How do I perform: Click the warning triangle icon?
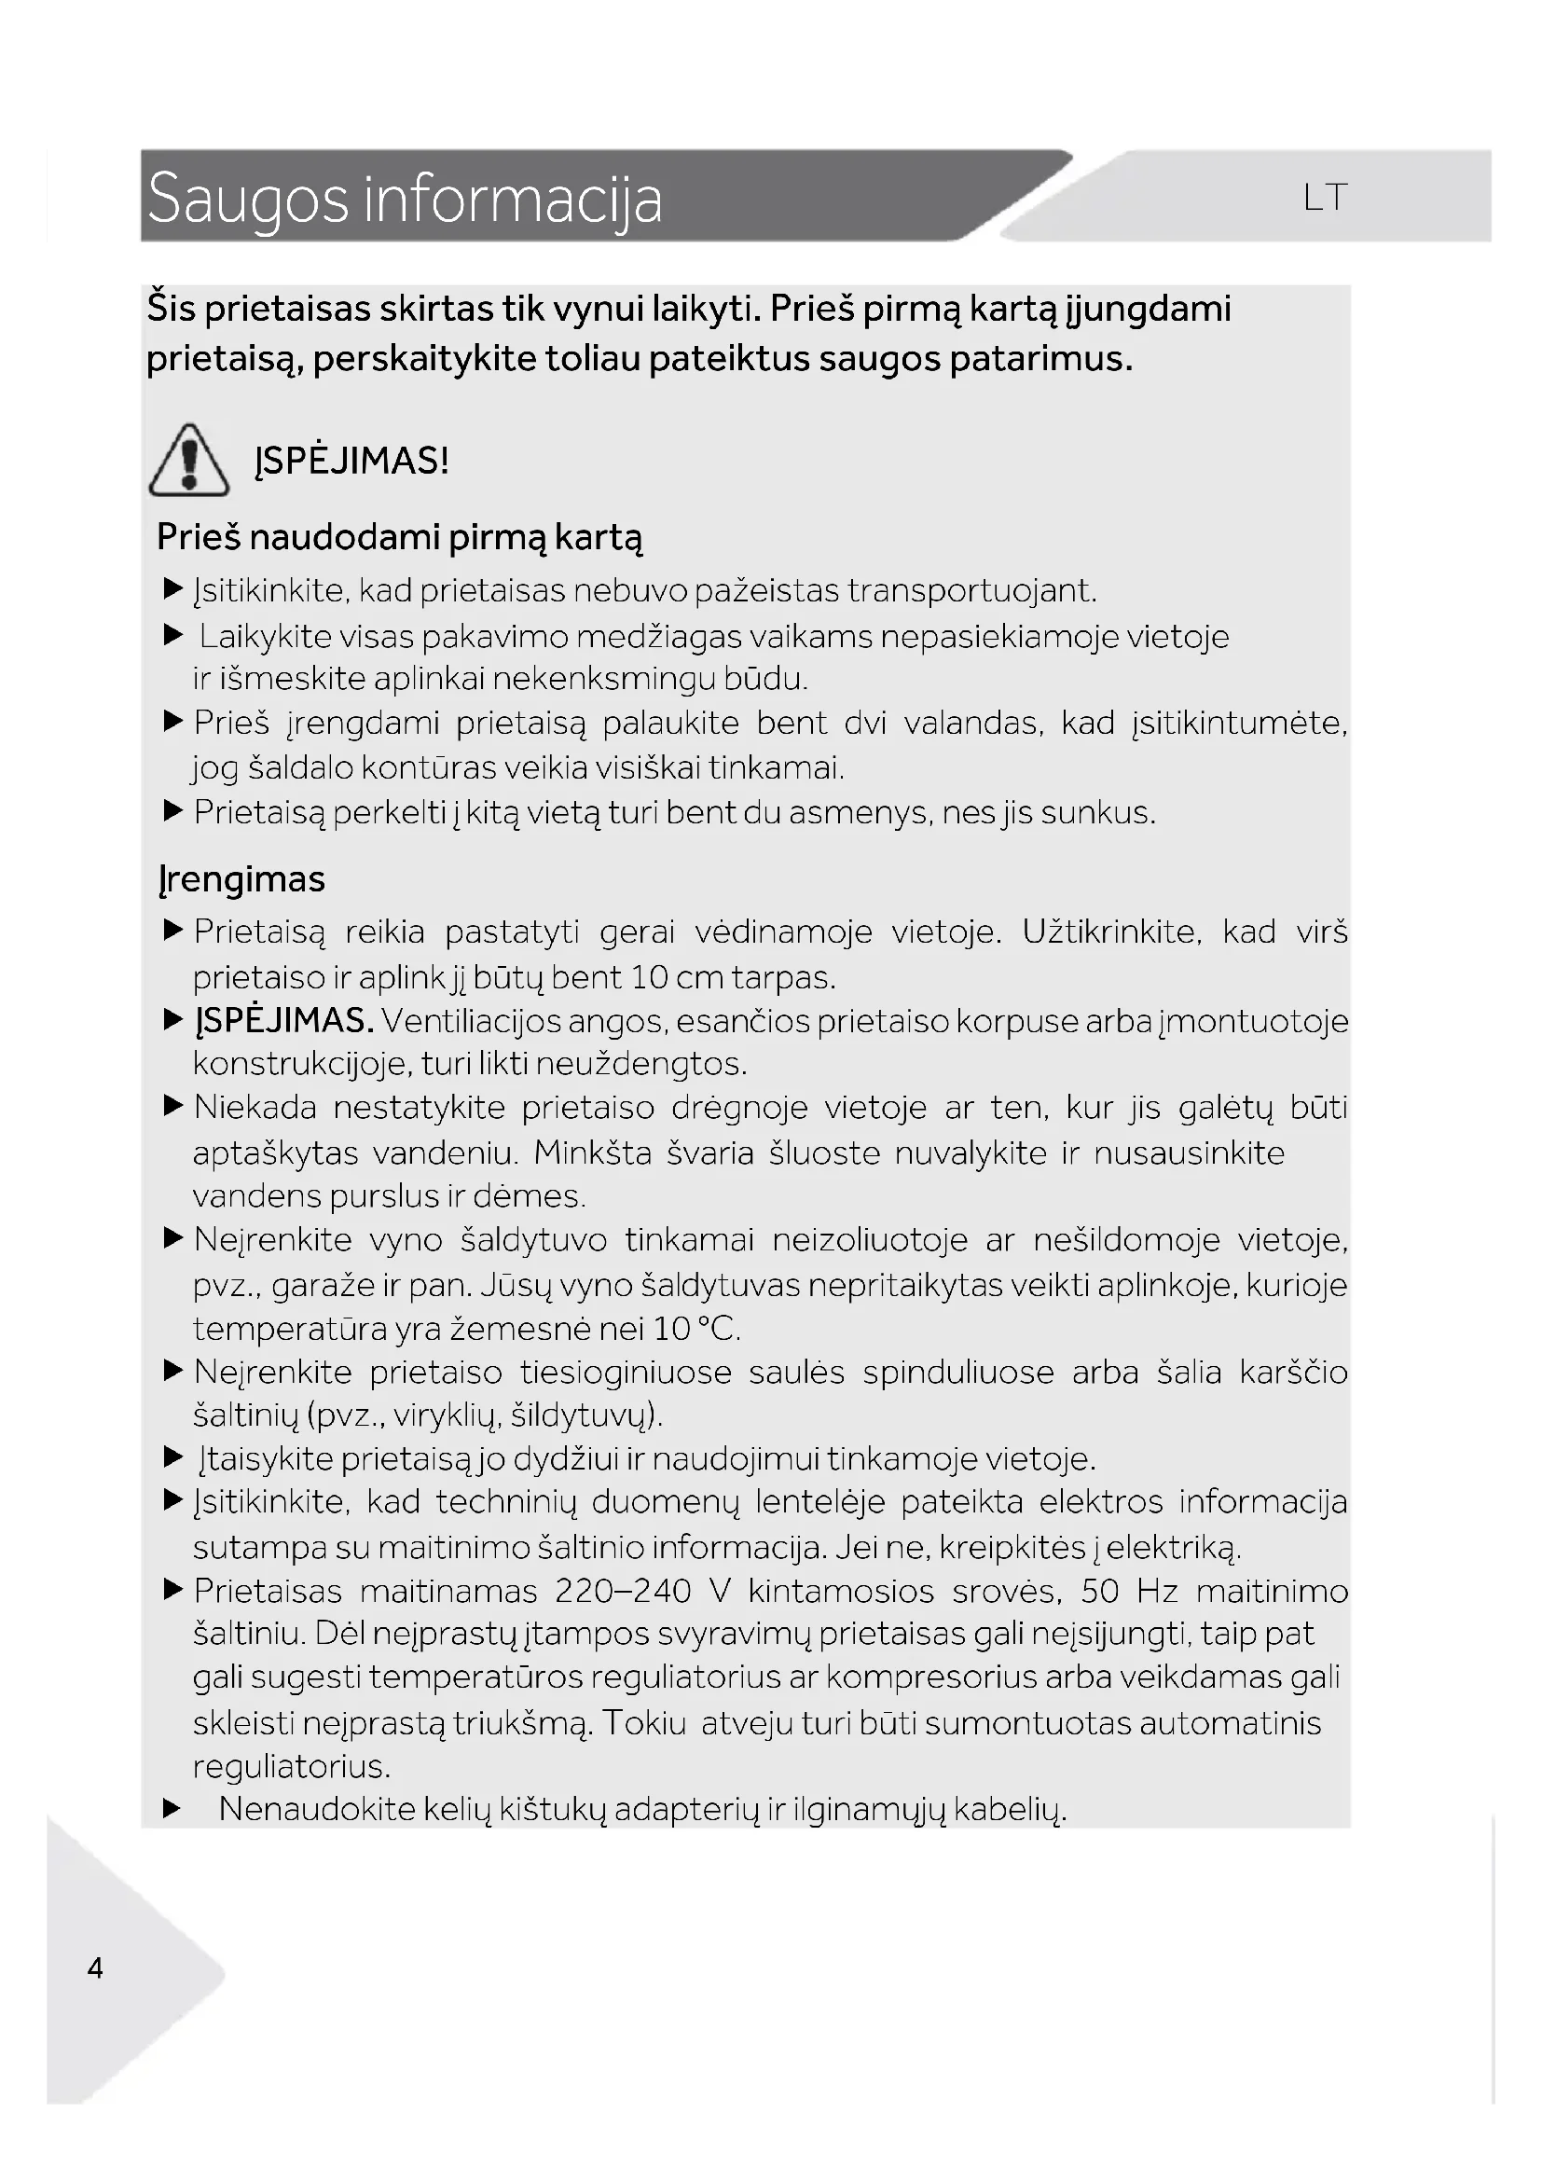click(188, 462)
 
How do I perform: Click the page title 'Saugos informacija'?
click(405, 199)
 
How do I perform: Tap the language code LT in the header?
click(1325, 198)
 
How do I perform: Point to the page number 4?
click(95, 1967)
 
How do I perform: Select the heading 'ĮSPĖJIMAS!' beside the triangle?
click(351, 462)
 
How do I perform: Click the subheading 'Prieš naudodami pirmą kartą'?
click(399, 538)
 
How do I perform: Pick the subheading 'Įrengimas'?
click(241, 879)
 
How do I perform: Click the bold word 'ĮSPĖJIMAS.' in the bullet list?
click(284, 1021)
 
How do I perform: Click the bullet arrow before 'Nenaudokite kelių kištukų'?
click(172, 1809)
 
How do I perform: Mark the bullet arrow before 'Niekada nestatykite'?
click(172, 1107)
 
